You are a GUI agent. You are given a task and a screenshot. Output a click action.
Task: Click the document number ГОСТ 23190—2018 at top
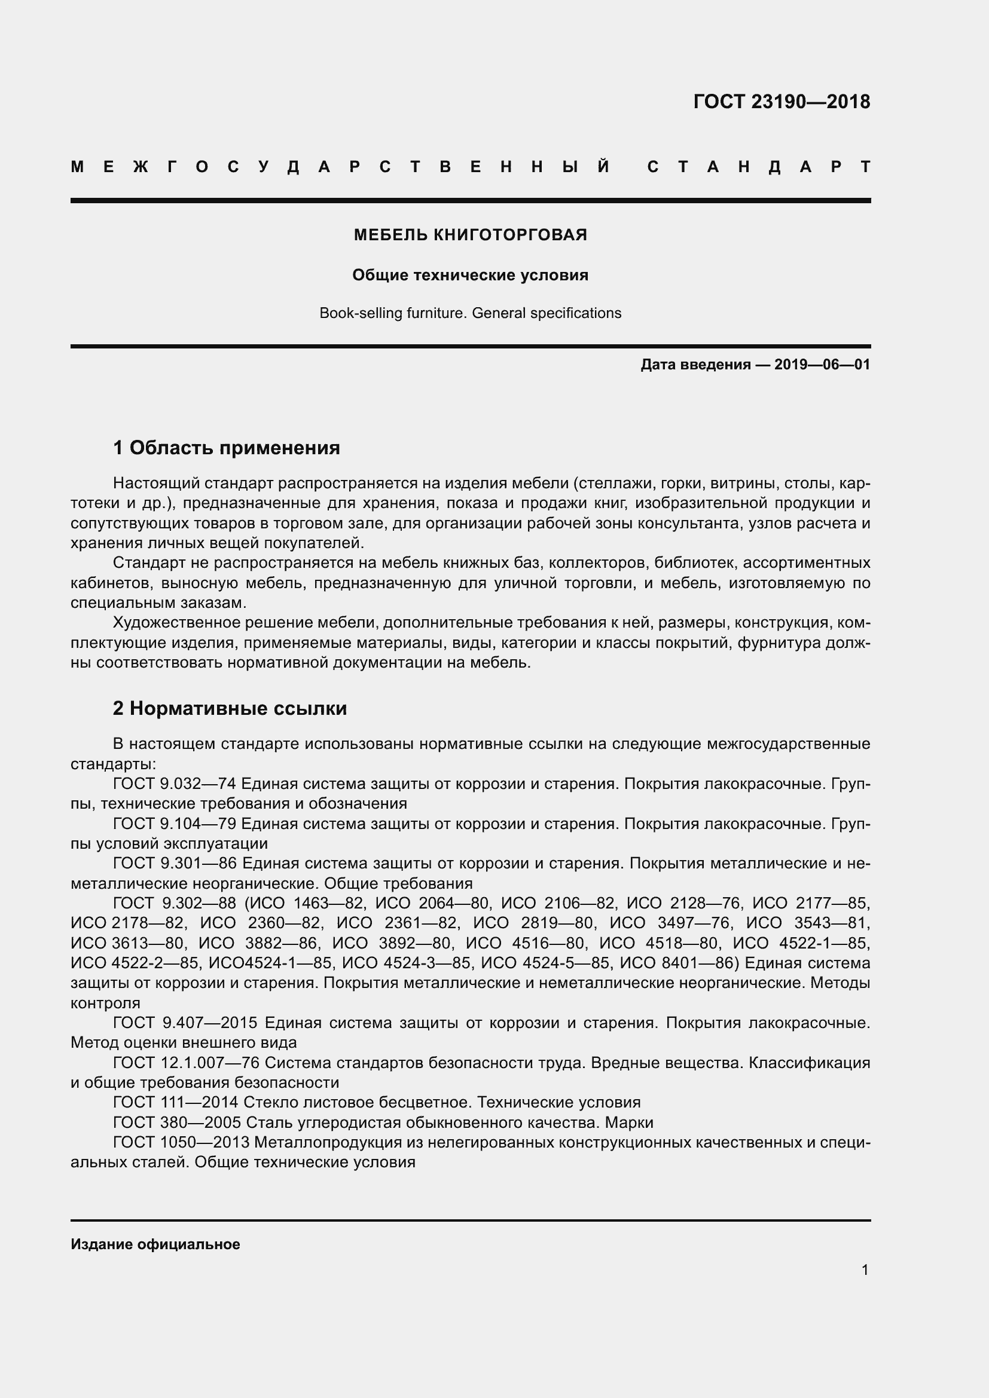(x=782, y=102)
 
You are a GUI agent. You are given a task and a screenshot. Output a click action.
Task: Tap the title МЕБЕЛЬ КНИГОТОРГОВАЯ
(x=470, y=235)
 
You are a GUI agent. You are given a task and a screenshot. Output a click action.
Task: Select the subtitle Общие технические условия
(x=470, y=275)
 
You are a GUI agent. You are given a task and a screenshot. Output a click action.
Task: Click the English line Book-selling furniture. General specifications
(x=470, y=313)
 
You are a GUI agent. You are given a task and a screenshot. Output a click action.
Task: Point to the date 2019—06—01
(x=822, y=365)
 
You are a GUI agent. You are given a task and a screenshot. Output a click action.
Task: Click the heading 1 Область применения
(x=227, y=448)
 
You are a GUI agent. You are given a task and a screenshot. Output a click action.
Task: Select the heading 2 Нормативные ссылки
(x=230, y=708)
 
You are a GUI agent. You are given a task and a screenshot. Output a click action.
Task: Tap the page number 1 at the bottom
(x=865, y=1269)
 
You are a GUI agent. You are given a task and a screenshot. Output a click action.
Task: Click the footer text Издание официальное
(x=155, y=1244)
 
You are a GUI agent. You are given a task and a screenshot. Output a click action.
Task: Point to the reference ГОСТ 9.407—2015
(x=185, y=1022)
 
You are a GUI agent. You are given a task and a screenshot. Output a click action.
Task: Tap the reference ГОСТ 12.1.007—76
(x=186, y=1063)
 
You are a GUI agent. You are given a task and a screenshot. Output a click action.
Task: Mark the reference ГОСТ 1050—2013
(x=181, y=1142)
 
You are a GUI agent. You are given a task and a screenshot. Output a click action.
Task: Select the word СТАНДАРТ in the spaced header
(x=758, y=167)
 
